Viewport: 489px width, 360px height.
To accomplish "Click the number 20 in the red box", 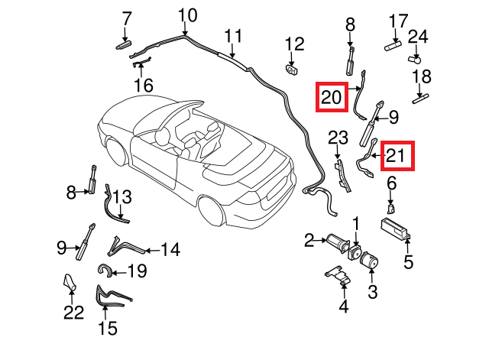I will click(332, 98).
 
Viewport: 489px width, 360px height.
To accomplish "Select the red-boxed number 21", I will click(397, 156).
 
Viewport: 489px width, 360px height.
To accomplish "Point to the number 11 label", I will click(233, 35).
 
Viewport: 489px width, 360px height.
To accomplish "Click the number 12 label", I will click(294, 44).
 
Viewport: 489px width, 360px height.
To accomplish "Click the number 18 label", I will click(422, 76).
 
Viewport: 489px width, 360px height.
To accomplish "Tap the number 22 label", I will click(73, 312).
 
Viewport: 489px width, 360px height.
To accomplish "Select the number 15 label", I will click(108, 329).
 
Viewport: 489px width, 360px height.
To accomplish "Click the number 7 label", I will click(127, 18).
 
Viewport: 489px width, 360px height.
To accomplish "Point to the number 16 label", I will click(144, 85).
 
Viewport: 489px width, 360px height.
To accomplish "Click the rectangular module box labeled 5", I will click(397, 228).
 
